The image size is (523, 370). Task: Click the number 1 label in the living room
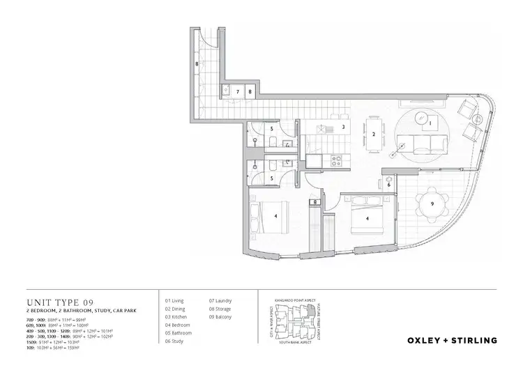pyautogui.click(x=430, y=124)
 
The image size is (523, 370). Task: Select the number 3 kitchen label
pyautogui.click(x=343, y=128)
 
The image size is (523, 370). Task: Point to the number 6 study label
pyautogui.click(x=388, y=185)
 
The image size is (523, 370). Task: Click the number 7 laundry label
pyautogui.click(x=237, y=91)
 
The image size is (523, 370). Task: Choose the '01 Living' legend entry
pyautogui.click(x=174, y=300)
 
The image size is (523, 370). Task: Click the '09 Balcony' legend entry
pyautogui.click(x=220, y=316)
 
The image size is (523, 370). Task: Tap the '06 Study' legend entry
pyautogui.click(x=174, y=341)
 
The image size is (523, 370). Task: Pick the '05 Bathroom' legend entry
pyautogui.click(x=177, y=333)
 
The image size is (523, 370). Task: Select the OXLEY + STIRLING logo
pyautogui.click(x=452, y=341)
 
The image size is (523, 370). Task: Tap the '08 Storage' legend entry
pyautogui.click(x=220, y=308)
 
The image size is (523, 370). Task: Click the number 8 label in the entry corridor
pyautogui.click(x=197, y=64)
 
